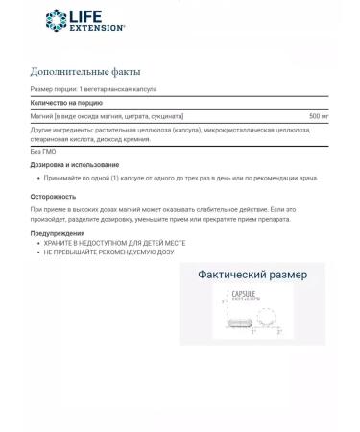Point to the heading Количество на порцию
[x=66, y=102]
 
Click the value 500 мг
[x=318, y=115]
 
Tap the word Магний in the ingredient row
[x=41, y=115]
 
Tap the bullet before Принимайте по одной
[x=37, y=178]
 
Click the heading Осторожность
[x=53, y=196]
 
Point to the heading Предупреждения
[x=57, y=233]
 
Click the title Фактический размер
[x=252, y=275]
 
